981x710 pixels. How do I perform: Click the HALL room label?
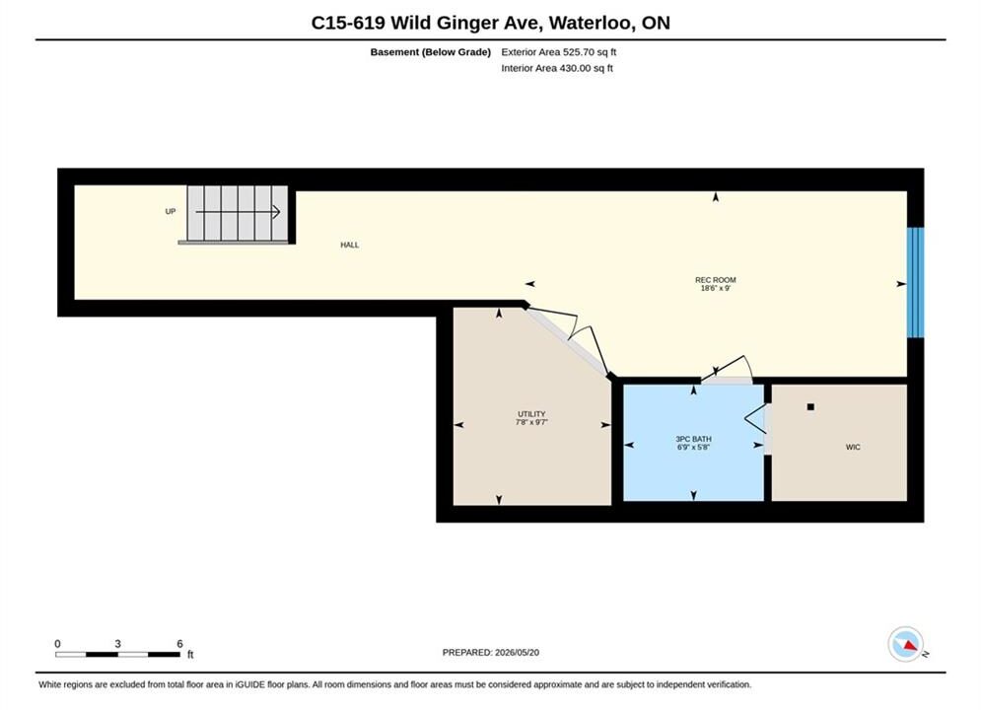[x=350, y=246]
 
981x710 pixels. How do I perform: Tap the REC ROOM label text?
[x=715, y=280]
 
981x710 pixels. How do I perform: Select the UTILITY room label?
[x=531, y=414]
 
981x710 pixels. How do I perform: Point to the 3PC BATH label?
[x=693, y=439]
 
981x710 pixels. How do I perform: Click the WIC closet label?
[x=853, y=448]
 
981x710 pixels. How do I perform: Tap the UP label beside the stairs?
[x=171, y=211]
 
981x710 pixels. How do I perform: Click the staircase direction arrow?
[x=238, y=212]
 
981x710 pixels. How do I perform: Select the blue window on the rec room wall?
[x=915, y=282]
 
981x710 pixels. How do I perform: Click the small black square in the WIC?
[x=810, y=407]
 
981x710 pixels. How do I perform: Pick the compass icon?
[x=905, y=644]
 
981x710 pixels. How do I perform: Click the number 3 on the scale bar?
[x=117, y=644]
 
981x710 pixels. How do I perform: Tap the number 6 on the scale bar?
[x=179, y=644]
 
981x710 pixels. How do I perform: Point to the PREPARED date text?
[x=491, y=653]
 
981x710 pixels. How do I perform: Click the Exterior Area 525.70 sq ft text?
[x=559, y=52]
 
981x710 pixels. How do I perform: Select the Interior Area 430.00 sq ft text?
[x=557, y=68]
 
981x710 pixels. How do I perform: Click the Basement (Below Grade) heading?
[x=431, y=52]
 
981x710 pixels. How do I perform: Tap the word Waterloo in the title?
[x=594, y=23]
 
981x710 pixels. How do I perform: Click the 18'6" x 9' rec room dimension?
[x=715, y=288]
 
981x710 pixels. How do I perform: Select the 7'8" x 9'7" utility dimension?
[x=531, y=422]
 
